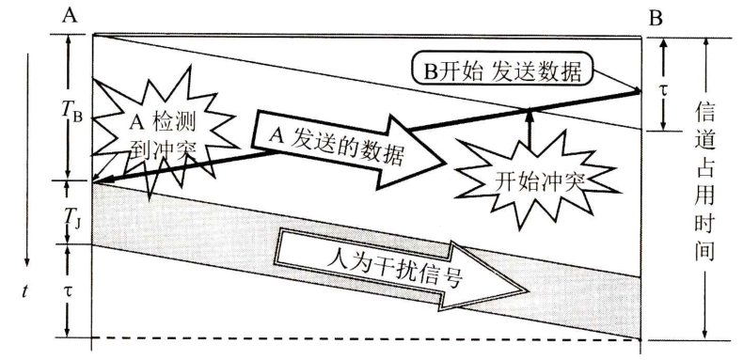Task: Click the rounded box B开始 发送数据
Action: point(506,70)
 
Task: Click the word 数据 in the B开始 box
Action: point(562,70)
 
